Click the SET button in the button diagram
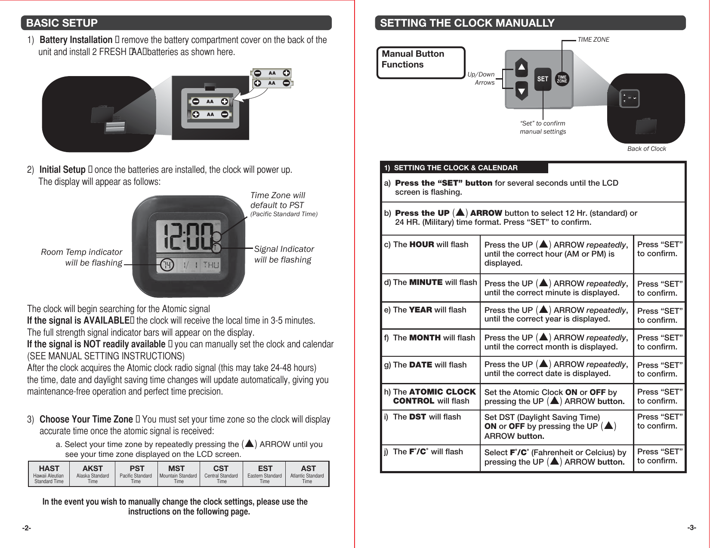click(543, 79)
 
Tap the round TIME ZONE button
click(562, 79)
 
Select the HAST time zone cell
click(49, 474)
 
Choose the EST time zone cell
click(265, 474)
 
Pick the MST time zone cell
click(178, 474)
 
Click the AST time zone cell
click(307, 474)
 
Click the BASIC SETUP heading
click(62, 23)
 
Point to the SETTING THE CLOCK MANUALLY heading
click(467, 23)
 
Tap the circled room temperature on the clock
click(167, 265)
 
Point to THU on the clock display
click(211, 265)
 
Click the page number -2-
click(27, 528)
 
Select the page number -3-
click(691, 527)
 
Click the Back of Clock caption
click(646, 149)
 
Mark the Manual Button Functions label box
click(420, 63)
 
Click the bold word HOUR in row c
click(422, 245)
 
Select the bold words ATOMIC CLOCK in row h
click(442, 392)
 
